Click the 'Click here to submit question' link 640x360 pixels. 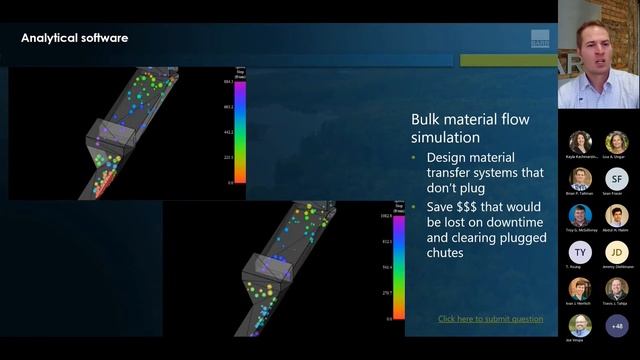click(490, 319)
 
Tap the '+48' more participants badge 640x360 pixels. click(617, 326)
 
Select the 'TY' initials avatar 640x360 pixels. click(580, 252)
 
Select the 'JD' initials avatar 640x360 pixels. click(617, 252)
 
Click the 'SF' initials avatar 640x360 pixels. click(617, 178)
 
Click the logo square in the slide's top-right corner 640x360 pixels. click(541, 39)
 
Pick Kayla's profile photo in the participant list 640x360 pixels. click(580, 142)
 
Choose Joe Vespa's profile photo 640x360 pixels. click(580, 326)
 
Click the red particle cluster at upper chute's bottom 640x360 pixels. click(103, 183)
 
